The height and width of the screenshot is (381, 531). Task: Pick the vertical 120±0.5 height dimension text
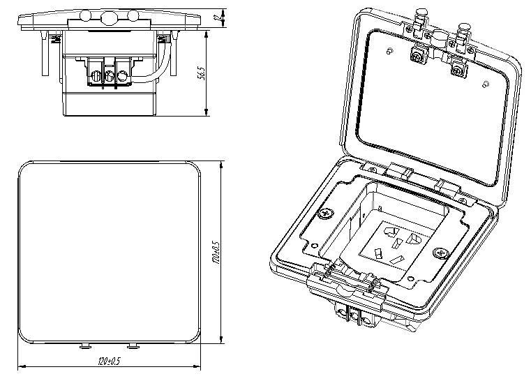pos(216,253)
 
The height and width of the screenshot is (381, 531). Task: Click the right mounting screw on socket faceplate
pos(441,253)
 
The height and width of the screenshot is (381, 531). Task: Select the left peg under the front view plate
pos(85,346)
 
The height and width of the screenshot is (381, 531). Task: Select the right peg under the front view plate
pos(133,346)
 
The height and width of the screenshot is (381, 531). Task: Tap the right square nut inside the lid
pos(458,68)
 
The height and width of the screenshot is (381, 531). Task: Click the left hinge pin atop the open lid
pos(421,14)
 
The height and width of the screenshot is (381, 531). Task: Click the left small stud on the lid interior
pos(388,50)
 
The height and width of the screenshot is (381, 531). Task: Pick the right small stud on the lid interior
pos(484,84)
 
